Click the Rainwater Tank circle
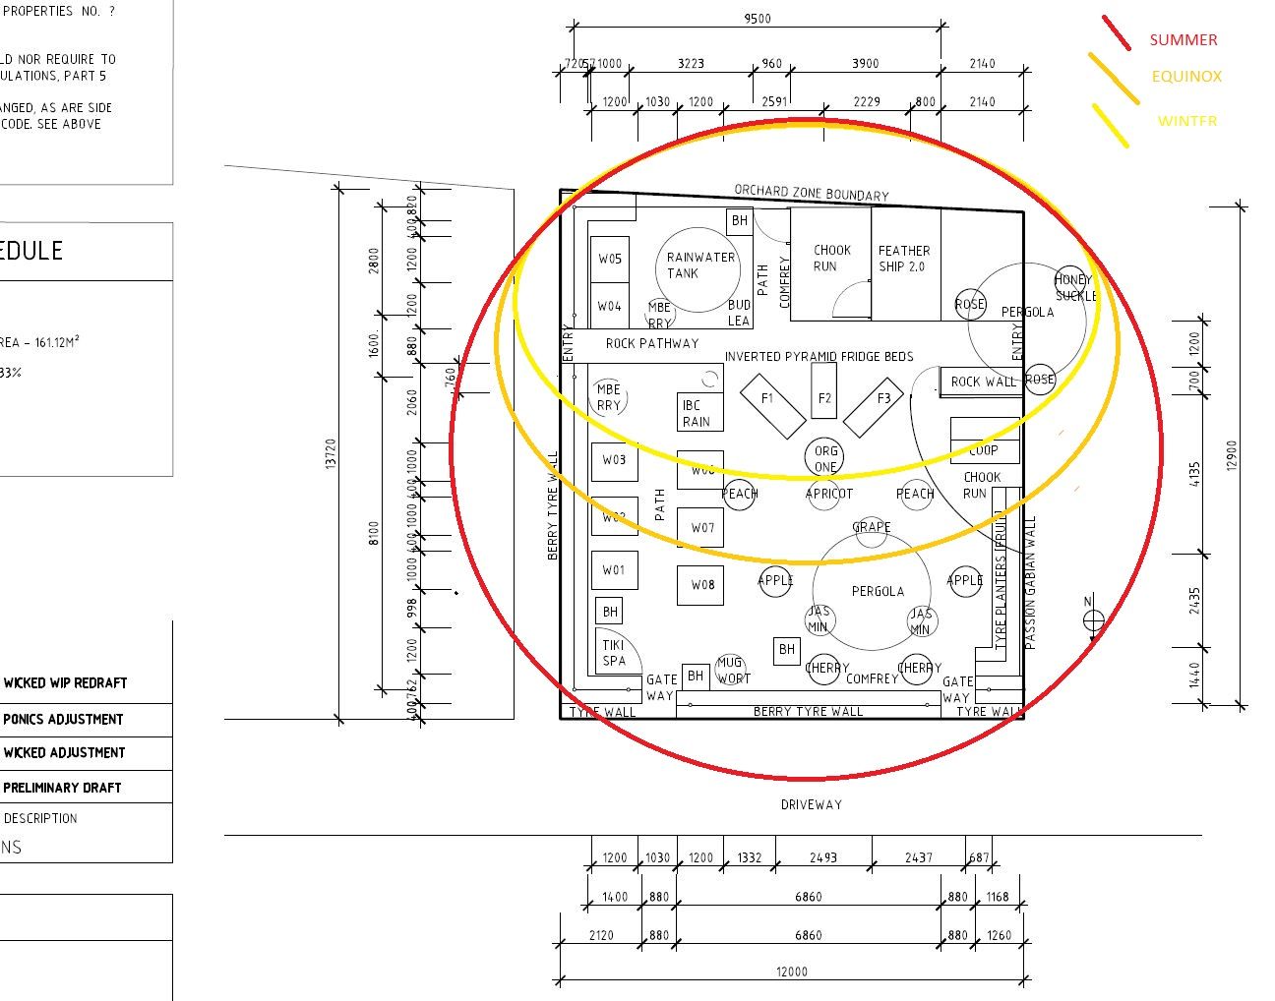[698, 267]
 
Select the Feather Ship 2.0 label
[903, 259]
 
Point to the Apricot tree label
[829, 494]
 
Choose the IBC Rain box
[697, 413]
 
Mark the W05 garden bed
[610, 260]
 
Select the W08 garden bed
[702, 585]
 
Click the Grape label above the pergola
[871, 527]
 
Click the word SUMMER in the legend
[1184, 40]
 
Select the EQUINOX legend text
[1186, 77]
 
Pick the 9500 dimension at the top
[757, 18]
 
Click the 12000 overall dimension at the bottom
[791, 972]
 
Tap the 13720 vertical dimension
[331, 453]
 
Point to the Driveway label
[811, 804]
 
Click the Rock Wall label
[983, 382]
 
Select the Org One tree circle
[825, 458]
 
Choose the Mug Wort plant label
[731, 670]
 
